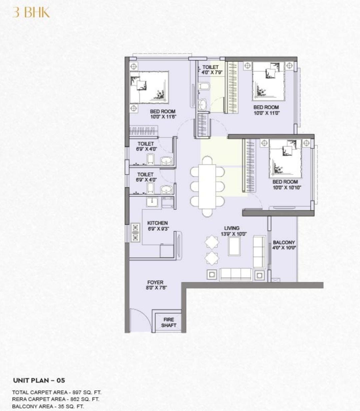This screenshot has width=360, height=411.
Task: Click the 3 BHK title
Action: tap(31, 12)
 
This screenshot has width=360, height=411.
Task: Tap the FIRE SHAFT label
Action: tap(169, 322)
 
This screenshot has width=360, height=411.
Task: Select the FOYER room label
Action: tap(155, 282)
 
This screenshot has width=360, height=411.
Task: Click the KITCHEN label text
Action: tap(157, 223)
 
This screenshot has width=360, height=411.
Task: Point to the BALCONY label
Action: tap(284, 242)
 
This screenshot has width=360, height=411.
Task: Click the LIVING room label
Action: tap(232, 228)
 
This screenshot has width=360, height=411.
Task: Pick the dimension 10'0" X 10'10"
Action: tap(287, 188)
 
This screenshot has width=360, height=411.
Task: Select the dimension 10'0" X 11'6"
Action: tap(163, 117)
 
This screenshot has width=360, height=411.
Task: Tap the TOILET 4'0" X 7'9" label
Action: tap(212, 70)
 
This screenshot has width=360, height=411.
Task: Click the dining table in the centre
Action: tap(207, 187)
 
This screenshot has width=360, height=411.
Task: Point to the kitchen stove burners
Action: tap(135, 232)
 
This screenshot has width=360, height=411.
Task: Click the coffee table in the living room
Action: tap(234, 246)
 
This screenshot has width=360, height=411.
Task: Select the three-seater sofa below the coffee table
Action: tap(236, 274)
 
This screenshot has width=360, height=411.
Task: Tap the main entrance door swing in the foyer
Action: tap(140, 320)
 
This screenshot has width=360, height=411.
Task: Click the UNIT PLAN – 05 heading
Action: tap(39, 380)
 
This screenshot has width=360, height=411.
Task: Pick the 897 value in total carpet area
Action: tap(76, 392)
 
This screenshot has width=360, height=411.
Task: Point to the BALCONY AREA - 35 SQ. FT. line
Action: tap(48, 406)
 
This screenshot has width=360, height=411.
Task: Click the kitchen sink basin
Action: tap(152, 202)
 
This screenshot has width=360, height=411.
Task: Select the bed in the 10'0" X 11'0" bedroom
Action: tap(269, 81)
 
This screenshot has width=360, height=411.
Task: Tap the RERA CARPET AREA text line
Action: tap(55, 399)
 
